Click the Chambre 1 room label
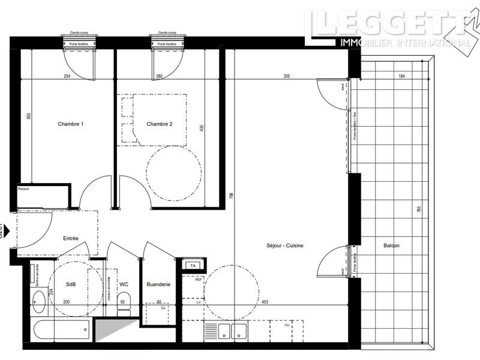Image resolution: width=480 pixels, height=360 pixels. (70, 124)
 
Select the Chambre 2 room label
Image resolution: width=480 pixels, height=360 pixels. (160, 124)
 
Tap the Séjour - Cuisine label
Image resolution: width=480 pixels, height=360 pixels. (285, 246)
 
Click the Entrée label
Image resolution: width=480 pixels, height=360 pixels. (71, 239)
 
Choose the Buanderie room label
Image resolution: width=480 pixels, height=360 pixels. (159, 284)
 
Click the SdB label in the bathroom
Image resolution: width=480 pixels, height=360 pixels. (71, 284)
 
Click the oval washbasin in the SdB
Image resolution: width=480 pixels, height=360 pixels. (38, 302)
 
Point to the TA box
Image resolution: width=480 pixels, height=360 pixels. (193, 265)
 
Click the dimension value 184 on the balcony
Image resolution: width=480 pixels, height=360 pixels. (401, 76)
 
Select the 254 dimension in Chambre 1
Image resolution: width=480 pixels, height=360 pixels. (68, 76)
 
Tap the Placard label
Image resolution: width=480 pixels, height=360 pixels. (23, 189)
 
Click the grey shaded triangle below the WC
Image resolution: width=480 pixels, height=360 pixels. (107, 330)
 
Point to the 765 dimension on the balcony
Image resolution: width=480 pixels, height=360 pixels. (418, 211)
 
